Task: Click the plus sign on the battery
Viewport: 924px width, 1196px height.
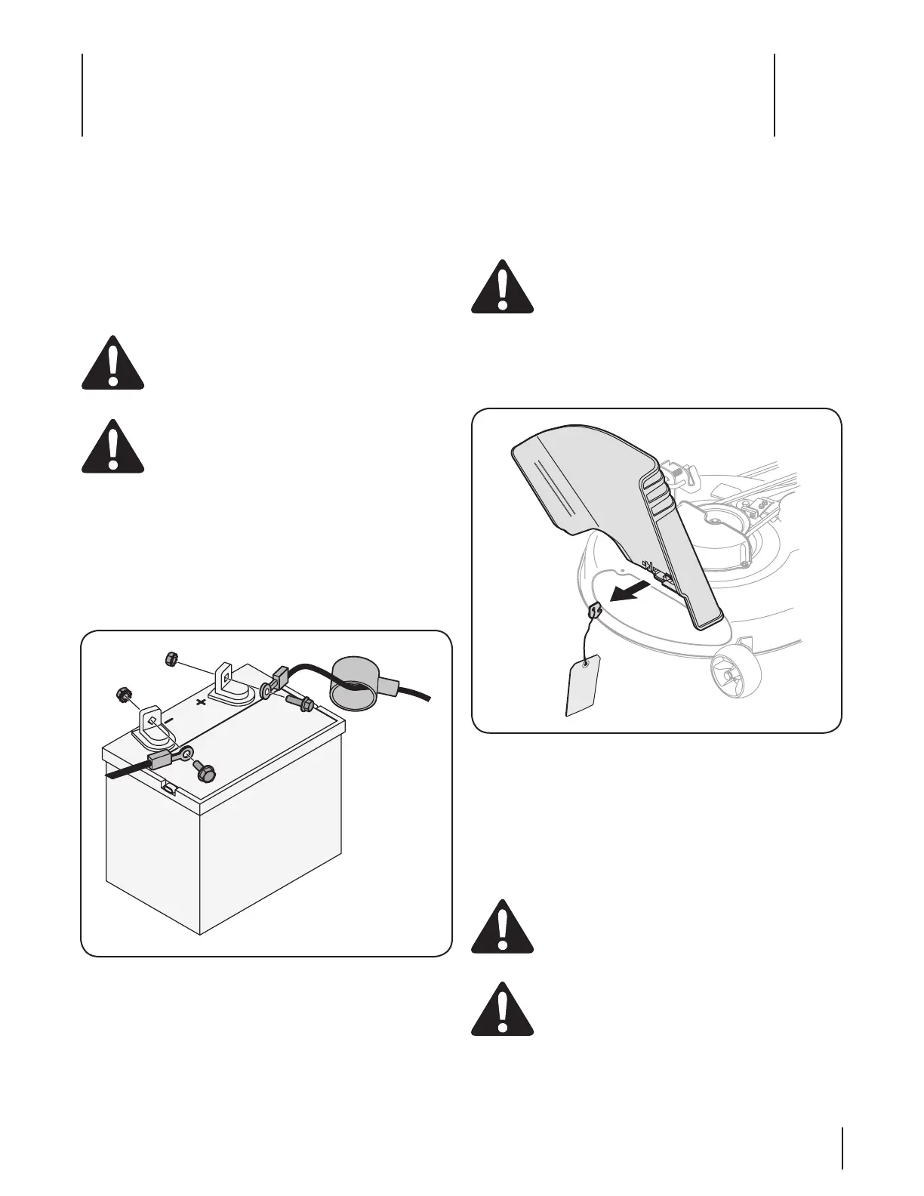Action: [x=201, y=702]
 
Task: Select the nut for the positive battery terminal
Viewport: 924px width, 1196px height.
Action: [x=171, y=660]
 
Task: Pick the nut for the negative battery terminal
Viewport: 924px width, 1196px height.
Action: [x=120, y=692]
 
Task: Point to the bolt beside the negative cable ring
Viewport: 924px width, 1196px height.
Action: [x=204, y=772]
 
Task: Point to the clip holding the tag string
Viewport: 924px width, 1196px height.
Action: [x=593, y=610]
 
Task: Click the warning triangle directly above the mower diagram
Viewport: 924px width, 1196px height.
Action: [x=502, y=287]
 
